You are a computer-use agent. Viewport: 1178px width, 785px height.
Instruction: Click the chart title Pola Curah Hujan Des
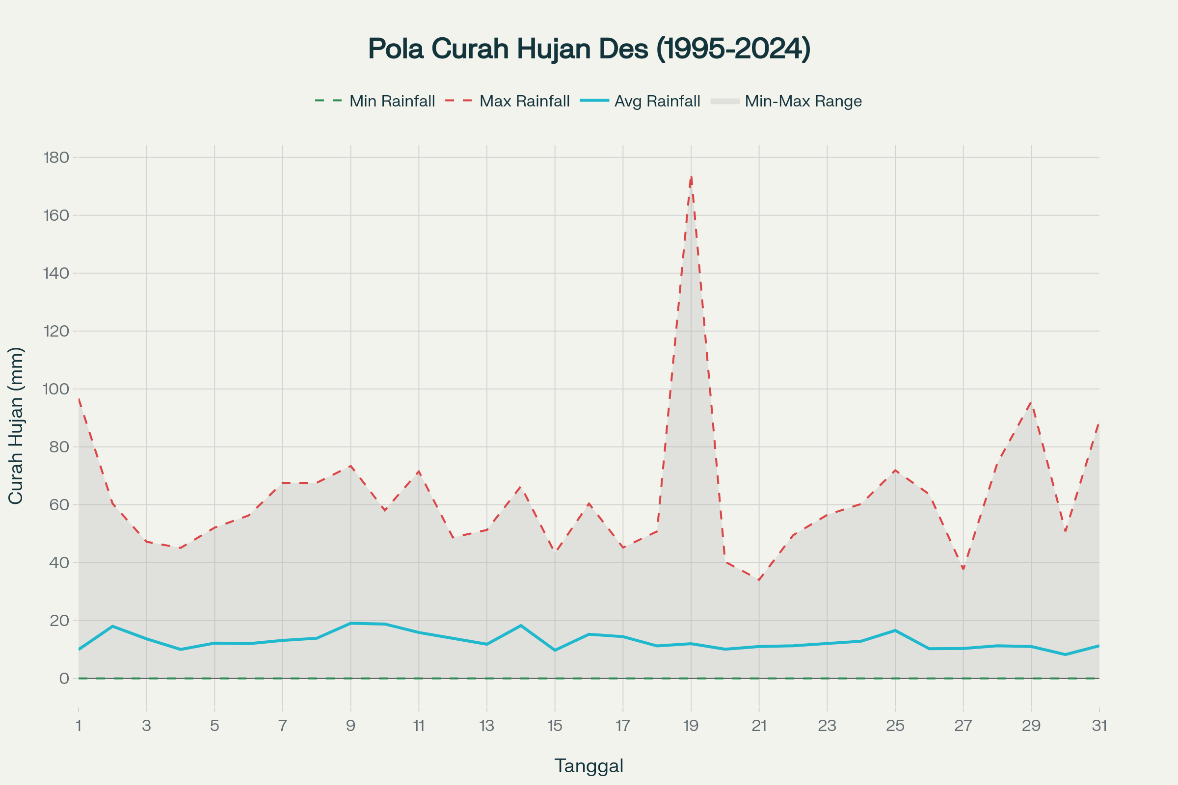589,49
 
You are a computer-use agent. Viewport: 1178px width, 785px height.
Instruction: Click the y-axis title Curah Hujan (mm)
16,425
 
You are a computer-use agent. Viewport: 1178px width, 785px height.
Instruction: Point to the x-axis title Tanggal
589,766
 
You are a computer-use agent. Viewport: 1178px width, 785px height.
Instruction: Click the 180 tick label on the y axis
56,157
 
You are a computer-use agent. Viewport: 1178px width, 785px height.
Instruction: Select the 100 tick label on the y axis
56,389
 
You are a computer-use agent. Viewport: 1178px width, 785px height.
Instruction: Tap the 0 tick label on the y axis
64,679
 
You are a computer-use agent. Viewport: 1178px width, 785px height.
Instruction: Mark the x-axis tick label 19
691,726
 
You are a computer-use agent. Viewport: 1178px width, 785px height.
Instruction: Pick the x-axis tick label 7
283,726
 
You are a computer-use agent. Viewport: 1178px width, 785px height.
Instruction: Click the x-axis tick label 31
1099,726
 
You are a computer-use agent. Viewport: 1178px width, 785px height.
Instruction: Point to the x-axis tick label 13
487,726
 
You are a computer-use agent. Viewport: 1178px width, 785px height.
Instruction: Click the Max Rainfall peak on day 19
691,177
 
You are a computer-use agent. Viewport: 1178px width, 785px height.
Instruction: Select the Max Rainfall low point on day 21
759,580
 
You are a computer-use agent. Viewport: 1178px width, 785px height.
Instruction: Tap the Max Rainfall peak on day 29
1031,402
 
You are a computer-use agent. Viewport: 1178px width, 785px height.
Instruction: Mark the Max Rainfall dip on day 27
963,569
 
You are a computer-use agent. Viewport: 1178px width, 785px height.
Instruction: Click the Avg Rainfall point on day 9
350,623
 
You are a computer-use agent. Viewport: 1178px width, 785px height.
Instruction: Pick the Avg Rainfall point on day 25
895,630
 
